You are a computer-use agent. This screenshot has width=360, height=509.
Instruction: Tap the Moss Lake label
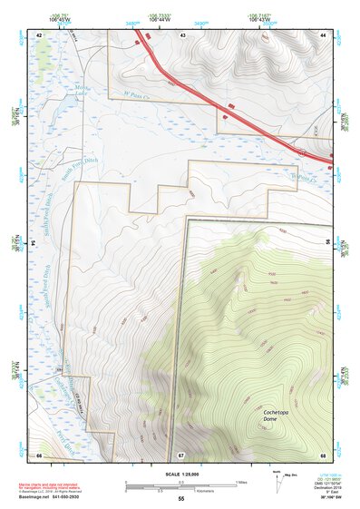[x=83, y=91]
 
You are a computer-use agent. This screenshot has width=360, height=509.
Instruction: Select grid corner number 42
[x=39, y=34]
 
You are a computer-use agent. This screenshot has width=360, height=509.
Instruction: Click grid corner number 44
[x=322, y=34]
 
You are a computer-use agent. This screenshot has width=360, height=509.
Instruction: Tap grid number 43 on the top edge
[x=182, y=34]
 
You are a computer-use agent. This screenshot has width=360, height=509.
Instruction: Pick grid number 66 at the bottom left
[x=39, y=454]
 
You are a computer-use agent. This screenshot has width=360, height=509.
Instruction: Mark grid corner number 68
[x=322, y=454]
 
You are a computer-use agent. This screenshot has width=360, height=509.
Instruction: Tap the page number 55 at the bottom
[x=180, y=499]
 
